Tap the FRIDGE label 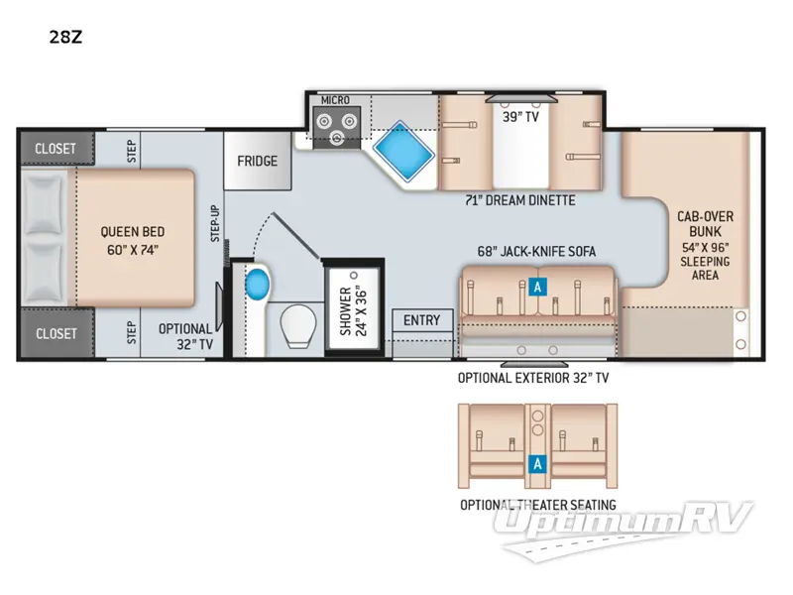pyautogui.click(x=257, y=162)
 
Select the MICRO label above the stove pyautogui.click(x=334, y=101)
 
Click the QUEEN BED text pyautogui.click(x=132, y=241)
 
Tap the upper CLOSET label pyautogui.click(x=55, y=149)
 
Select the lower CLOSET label pyautogui.click(x=55, y=333)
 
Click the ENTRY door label pyautogui.click(x=422, y=320)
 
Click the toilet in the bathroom pyautogui.click(x=295, y=323)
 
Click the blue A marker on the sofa pyautogui.click(x=537, y=286)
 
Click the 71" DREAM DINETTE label pyautogui.click(x=520, y=200)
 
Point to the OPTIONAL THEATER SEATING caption pyautogui.click(x=537, y=505)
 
